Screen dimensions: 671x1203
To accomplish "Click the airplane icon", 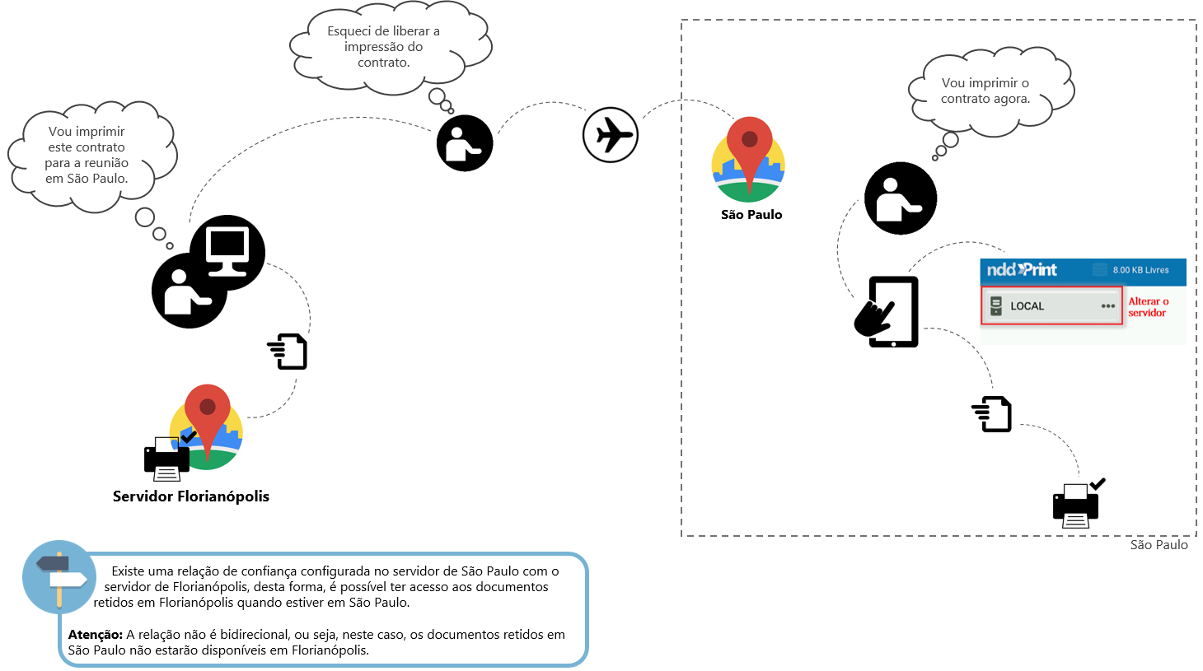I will click(611, 135).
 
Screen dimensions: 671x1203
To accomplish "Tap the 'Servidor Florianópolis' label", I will click(191, 496).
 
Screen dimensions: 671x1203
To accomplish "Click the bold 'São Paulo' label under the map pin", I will click(751, 215).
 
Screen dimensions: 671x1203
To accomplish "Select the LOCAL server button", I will click(1052, 306).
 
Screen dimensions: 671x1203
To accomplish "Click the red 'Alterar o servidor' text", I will click(1148, 307).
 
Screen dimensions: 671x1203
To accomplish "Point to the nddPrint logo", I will click(1022, 270).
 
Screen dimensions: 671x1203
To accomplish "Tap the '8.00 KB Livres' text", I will click(1140, 270).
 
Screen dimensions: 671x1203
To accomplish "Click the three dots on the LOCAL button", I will click(1107, 306).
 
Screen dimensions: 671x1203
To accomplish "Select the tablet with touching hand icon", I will click(887, 312).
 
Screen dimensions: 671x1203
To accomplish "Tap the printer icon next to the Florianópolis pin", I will click(167, 458).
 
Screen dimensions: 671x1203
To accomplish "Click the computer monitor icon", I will click(227, 251).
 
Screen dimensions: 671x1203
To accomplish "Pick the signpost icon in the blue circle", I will click(59, 577).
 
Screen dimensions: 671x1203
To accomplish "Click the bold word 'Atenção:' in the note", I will click(96, 635).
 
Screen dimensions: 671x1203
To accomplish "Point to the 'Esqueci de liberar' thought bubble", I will click(384, 47).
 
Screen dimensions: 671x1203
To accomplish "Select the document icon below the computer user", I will click(288, 352).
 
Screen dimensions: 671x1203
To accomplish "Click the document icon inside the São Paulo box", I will click(992, 414).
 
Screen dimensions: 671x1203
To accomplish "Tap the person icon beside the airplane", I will click(465, 143).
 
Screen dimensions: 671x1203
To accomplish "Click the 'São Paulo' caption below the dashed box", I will click(1159, 545).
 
